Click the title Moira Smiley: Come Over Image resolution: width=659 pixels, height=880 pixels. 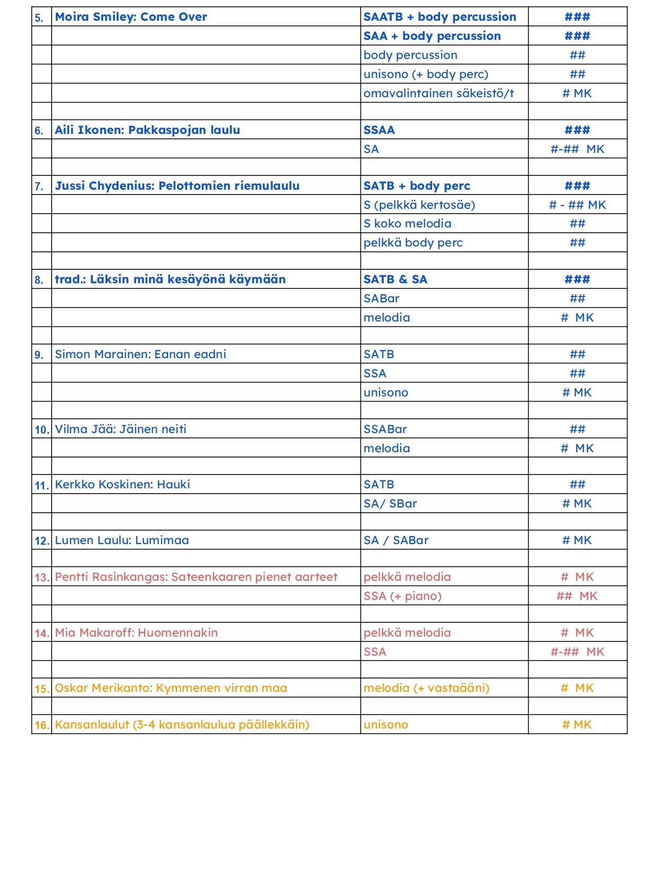(x=131, y=17)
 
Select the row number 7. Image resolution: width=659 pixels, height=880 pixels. (x=39, y=187)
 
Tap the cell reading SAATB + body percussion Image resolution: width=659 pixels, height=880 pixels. (x=440, y=17)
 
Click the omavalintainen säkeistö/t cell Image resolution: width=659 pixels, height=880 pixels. (x=438, y=94)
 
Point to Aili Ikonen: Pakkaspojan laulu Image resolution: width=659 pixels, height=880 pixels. (x=147, y=130)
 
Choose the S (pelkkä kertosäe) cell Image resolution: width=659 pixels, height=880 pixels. (x=419, y=205)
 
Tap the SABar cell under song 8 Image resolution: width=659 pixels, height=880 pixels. (x=381, y=299)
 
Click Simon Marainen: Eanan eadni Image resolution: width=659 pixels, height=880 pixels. (x=140, y=354)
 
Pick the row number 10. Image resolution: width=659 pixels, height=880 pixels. (x=41, y=430)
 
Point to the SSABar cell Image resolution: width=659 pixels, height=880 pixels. (x=385, y=429)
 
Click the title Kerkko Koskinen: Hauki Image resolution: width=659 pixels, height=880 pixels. (x=122, y=485)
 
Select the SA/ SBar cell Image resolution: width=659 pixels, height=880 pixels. (x=390, y=504)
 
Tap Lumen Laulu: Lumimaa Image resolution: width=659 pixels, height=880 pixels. (x=122, y=540)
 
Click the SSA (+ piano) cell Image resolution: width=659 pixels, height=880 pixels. (x=402, y=596)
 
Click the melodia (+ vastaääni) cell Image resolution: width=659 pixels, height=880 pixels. (x=426, y=688)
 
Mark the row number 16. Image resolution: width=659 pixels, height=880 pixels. (x=41, y=725)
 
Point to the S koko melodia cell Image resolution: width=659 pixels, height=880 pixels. (x=407, y=224)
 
